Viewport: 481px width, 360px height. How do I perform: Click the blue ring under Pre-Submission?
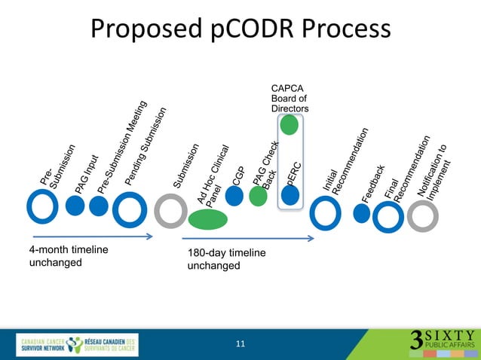(x=43, y=206)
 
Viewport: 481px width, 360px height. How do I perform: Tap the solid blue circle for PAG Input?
(x=75, y=206)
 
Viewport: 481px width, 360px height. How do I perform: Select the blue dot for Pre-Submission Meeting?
(x=98, y=206)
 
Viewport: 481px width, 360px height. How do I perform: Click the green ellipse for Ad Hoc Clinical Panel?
(x=207, y=219)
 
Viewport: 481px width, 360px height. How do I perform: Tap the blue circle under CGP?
(x=234, y=196)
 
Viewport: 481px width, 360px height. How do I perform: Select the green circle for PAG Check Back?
(x=259, y=197)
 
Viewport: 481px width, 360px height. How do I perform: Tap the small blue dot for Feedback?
(x=363, y=213)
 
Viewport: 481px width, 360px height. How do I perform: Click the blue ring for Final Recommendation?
(x=388, y=217)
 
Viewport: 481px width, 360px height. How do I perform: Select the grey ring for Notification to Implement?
(x=422, y=216)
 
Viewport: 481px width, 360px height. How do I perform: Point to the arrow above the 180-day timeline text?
(x=249, y=240)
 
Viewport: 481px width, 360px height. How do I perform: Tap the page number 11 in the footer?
(x=240, y=344)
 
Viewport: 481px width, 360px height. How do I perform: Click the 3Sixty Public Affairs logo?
(x=442, y=340)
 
